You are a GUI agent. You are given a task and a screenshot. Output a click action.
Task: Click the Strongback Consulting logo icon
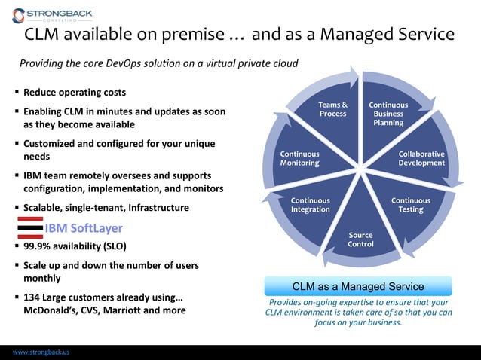[x=18, y=15]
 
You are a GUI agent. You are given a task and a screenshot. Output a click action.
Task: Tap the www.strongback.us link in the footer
[x=41, y=352]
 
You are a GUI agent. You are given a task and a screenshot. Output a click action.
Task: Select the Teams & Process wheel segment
[x=332, y=109]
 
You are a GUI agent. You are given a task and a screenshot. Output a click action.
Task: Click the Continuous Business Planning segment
[x=388, y=114]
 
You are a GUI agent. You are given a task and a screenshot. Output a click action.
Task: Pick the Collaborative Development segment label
[x=421, y=158]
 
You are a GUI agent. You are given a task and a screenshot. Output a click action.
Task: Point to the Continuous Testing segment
[x=411, y=205]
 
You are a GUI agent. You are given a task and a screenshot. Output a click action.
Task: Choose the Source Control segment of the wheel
[x=360, y=239]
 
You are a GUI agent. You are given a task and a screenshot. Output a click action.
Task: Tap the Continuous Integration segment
[x=310, y=205]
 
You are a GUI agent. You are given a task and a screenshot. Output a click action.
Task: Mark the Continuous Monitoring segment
[x=300, y=158]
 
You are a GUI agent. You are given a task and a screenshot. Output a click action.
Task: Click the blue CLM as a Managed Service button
[x=358, y=286]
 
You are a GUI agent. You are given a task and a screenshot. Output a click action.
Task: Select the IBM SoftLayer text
[x=83, y=228]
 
